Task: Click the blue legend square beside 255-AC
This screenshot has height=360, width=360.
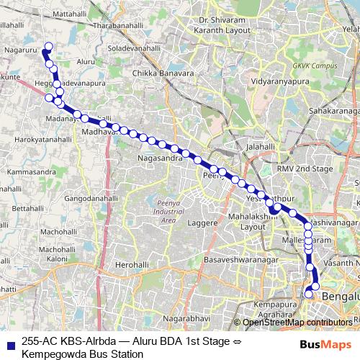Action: (x=9, y=343)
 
